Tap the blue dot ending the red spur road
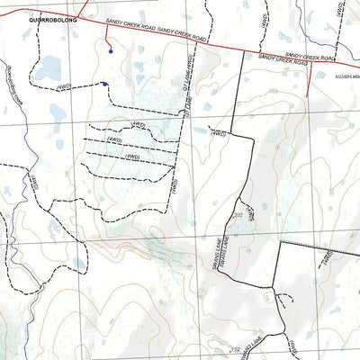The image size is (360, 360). pos(110,51)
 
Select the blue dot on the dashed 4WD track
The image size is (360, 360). pos(104,85)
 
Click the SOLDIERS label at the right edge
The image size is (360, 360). pos(346,78)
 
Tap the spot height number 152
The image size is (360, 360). pos(237,346)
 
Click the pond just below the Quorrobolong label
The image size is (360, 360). pos(49,68)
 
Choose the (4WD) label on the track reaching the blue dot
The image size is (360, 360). pos(64,87)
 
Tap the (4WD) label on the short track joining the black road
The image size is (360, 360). pos(217,133)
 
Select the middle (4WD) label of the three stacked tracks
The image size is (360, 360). pos(116,140)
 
